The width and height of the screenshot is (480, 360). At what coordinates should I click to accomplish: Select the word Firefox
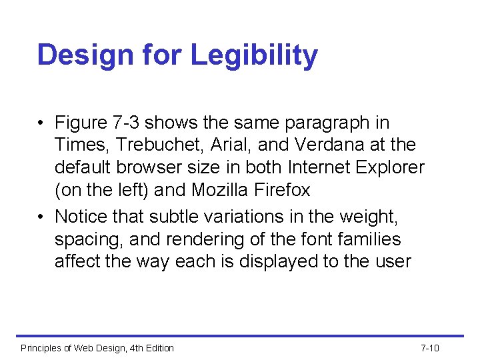point(283,190)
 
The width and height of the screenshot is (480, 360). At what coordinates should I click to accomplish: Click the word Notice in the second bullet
point(82,216)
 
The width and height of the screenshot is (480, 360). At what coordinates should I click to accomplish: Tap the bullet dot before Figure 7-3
point(41,123)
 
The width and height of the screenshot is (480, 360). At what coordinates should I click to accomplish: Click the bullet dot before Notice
point(41,217)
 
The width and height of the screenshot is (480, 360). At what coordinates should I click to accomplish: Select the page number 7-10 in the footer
point(430,348)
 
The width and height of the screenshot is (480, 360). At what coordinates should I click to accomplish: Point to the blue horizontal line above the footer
point(240,336)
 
